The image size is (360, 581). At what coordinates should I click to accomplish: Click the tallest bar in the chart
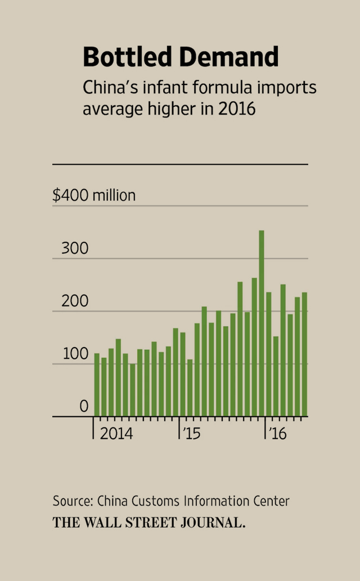pyautogui.click(x=262, y=323)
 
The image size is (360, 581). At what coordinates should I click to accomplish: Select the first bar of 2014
pyautogui.click(x=97, y=385)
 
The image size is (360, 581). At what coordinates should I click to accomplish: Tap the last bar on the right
pyautogui.click(x=304, y=354)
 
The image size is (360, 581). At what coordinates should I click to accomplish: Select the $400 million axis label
pyautogui.click(x=94, y=196)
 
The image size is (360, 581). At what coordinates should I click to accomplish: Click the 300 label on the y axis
pyautogui.click(x=75, y=249)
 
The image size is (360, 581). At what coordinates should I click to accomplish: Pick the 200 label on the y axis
pyautogui.click(x=75, y=301)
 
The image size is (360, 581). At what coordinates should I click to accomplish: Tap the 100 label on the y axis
pyautogui.click(x=75, y=354)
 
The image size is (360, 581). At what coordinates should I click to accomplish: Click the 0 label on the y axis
pyautogui.click(x=84, y=406)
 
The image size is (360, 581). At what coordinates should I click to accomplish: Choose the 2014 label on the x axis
pyautogui.click(x=116, y=434)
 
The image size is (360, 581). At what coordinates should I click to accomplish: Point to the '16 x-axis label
pyautogui.click(x=278, y=434)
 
